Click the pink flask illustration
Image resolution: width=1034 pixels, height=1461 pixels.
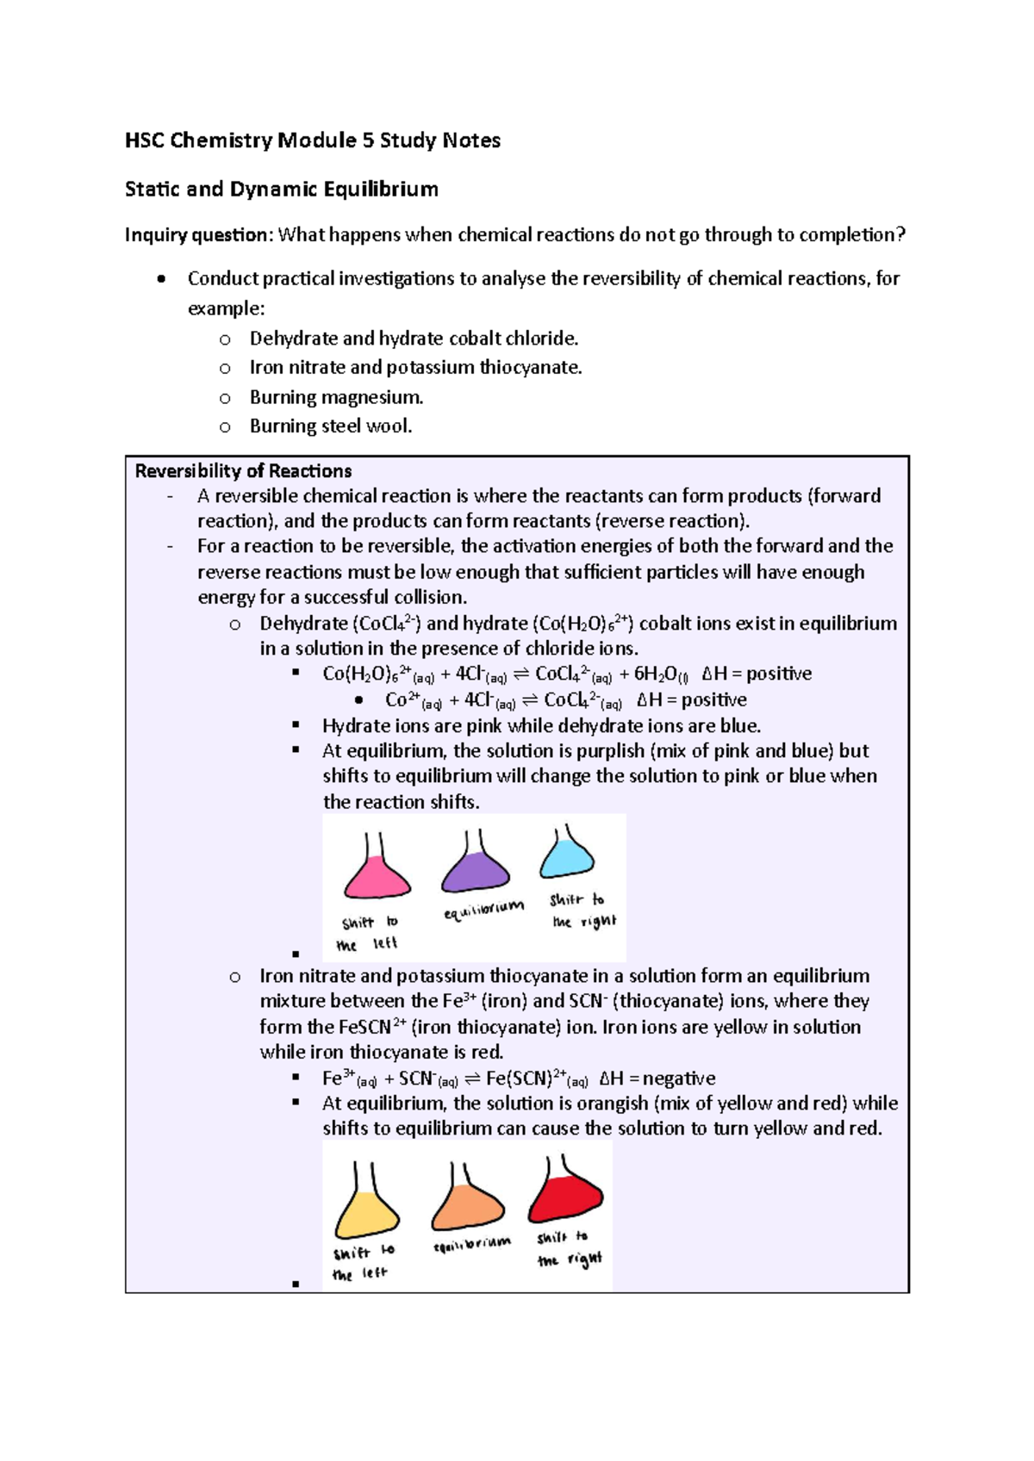click(377, 873)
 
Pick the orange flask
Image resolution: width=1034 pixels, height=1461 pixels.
click(467, 1203)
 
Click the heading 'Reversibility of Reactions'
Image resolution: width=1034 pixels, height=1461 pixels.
click(243, 471)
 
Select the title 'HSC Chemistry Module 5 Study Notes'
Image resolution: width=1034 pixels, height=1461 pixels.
click(313, 140)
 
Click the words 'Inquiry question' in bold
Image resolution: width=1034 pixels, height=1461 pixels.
click(196, 235)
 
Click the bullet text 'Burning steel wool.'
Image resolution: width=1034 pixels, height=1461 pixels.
click(331, 426)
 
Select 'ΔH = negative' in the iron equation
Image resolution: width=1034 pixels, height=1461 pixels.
click(657, 1079)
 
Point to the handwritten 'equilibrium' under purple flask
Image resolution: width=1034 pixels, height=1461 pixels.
click(483, 910)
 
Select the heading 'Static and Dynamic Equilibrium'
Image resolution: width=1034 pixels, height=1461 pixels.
click(282, 190)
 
